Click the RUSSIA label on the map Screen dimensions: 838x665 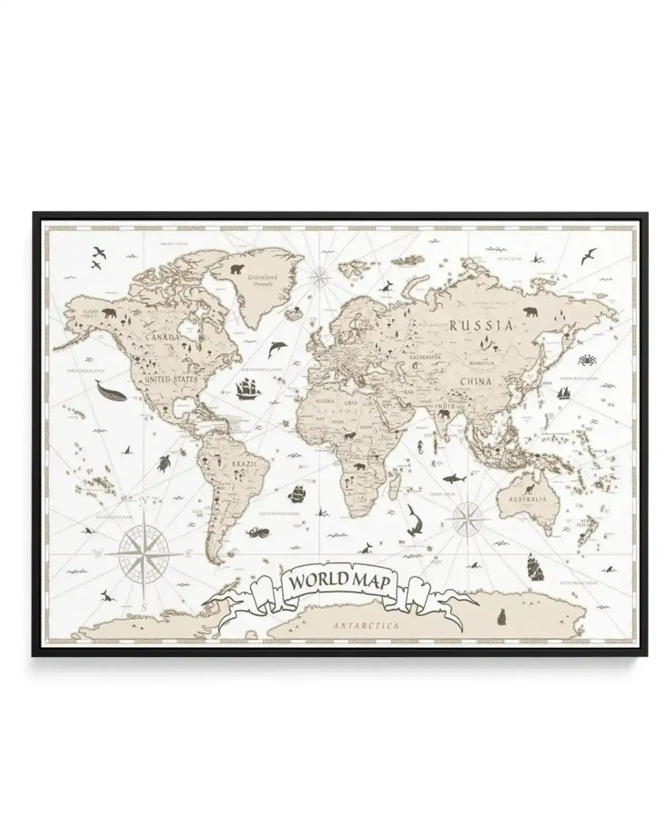click(481, 326)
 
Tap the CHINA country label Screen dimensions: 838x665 click(475, 381)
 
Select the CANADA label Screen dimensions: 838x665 click(162, 337)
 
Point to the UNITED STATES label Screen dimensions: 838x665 click(170, 380)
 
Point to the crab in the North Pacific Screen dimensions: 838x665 click(586, 360)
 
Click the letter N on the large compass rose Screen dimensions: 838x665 click(142, 500)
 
